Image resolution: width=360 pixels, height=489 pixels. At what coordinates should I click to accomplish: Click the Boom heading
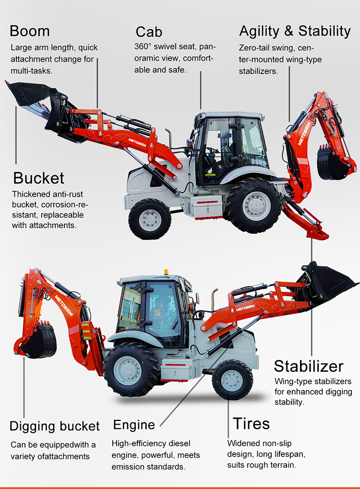(30, 31)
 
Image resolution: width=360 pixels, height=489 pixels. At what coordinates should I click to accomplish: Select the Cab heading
(149, 32)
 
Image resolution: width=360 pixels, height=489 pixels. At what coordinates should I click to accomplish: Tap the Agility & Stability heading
(295, 31)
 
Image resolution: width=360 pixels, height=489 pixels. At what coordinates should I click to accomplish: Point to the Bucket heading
(38, 178)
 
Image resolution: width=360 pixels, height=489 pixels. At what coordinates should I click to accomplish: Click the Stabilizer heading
(309, 367)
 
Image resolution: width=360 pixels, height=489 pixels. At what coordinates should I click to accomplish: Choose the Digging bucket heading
(55, 426)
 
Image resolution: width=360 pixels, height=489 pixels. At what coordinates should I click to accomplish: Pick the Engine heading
(134, 425)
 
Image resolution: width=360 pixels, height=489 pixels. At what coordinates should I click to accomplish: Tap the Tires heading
(251, 424)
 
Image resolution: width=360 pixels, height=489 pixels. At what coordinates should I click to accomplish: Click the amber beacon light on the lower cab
(167, 272)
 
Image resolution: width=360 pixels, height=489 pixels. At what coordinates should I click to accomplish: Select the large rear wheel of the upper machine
(253, 206)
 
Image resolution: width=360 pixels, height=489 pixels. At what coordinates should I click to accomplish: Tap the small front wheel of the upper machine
(150, 219)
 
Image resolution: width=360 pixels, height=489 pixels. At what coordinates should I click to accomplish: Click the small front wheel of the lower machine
(232, 379)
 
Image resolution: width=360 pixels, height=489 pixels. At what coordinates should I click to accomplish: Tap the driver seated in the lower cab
(156, 312)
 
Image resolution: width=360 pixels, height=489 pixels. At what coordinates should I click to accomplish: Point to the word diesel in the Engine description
(183, 443)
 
